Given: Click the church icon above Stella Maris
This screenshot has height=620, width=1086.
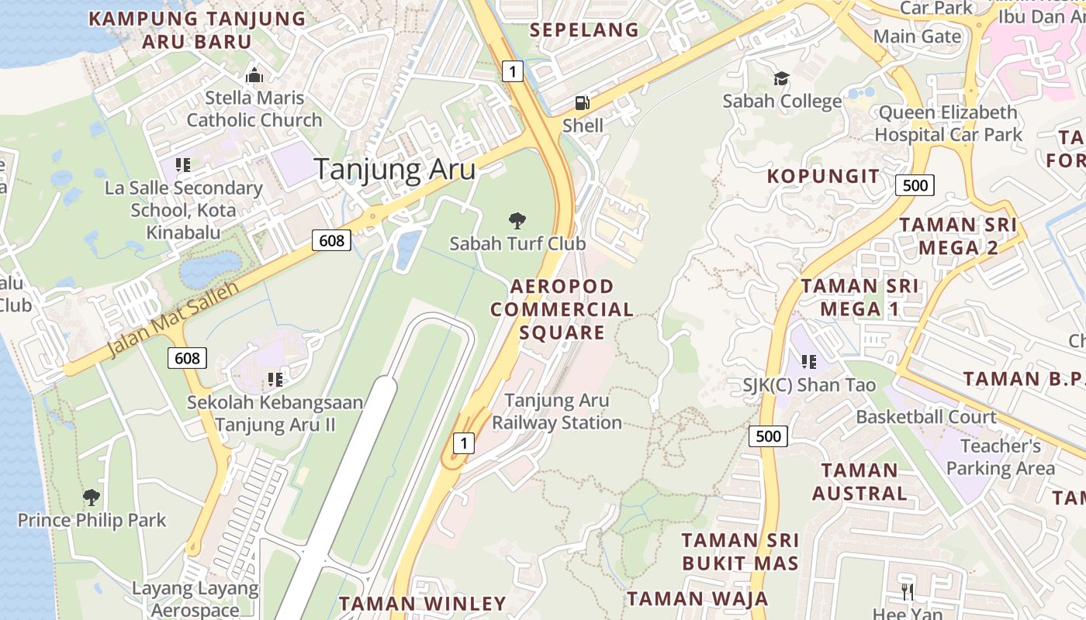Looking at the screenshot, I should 254,76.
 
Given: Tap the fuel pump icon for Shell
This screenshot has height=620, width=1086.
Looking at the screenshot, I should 582,102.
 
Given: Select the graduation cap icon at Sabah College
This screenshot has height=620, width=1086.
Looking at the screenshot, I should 781,78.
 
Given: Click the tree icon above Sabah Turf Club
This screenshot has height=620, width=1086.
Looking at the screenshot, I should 517,221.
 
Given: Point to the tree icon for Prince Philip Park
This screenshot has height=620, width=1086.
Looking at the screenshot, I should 92,497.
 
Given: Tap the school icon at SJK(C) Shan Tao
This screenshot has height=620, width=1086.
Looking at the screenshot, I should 809,361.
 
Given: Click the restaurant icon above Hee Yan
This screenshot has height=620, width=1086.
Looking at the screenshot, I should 908,593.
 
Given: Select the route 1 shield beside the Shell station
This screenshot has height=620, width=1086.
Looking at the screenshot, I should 512,72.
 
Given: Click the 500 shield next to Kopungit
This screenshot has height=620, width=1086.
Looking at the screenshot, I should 915,185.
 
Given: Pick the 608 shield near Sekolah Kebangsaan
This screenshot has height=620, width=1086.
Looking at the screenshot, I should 187,358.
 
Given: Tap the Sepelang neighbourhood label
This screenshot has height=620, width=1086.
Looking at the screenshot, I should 584,30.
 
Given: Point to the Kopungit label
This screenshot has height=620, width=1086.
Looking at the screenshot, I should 824,176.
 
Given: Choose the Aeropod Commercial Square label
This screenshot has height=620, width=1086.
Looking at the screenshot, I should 562,309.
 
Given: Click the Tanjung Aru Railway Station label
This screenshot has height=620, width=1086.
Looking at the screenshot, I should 557,412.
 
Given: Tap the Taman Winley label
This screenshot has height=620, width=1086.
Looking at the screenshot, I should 422,603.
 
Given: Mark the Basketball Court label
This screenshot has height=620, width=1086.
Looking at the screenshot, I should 925,417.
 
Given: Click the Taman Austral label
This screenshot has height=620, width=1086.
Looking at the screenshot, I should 859,481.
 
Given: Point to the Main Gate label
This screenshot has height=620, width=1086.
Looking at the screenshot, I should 917,36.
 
